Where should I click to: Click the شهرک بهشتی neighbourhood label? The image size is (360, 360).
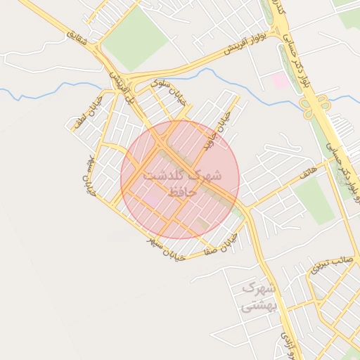(x=259, y=297)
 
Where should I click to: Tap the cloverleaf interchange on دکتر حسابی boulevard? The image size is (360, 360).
(x=314, y=106)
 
